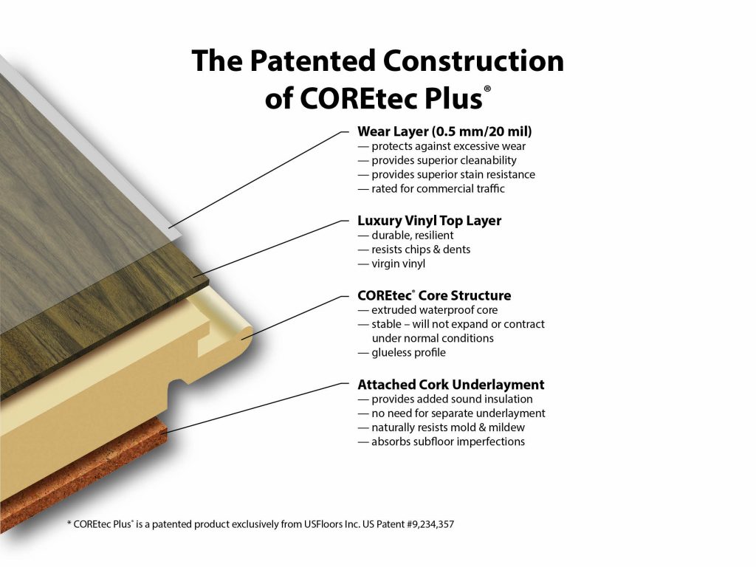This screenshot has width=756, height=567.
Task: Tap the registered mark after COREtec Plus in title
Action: click(x=487, y=89)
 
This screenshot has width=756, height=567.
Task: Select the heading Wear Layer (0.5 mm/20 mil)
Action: click(x=444, y=131)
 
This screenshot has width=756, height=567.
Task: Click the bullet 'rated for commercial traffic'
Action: click(x=431, y=188)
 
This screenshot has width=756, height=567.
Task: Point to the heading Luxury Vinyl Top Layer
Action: click(x=429, y=221)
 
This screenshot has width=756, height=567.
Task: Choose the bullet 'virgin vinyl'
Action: click(x=391, y=264)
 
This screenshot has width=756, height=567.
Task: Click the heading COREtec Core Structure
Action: click(x=434, y=295)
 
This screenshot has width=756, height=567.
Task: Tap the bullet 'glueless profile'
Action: click(x=402, y=352)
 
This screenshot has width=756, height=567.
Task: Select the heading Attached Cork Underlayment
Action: click(x=451, y=385)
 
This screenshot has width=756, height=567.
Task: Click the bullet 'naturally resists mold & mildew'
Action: click(x=441, y=427)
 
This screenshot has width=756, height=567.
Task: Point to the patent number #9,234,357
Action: click(x=430, y=524)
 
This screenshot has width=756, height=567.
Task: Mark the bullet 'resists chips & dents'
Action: click(x=413, y=250)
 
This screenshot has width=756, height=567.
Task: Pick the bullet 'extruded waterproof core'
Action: click(x=427, y=310)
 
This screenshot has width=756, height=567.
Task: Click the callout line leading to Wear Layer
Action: click(x=258, y=179)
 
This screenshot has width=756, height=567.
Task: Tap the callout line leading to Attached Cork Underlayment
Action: click(x=255, y=408)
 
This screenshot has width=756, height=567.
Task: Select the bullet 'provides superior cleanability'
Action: click(x=437, y=160)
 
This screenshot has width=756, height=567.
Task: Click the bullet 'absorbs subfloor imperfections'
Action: click(x=441, y=441)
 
